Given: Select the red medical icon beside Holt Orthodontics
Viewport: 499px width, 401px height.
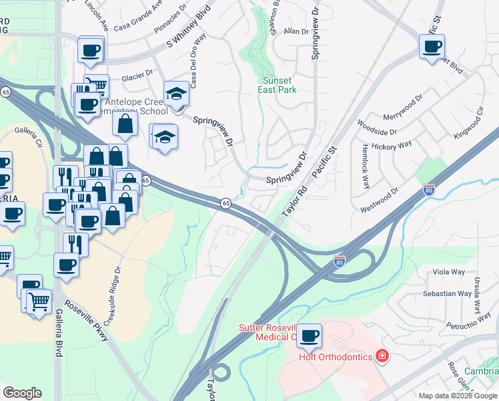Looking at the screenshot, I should (x=382, y=356).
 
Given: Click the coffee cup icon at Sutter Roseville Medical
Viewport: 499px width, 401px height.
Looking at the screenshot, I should (x=309, y=336).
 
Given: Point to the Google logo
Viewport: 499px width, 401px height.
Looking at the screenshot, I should (x=22, y=393).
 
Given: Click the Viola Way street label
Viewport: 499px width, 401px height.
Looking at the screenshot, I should (x=448, y=272).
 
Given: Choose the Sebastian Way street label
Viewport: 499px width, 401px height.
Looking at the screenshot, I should (x=448, y=293).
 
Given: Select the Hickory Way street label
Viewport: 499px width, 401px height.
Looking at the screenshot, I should (x=393, y=145).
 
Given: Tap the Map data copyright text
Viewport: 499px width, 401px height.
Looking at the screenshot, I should (x=458, y=396).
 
